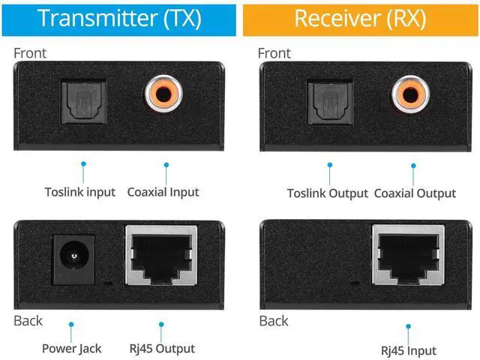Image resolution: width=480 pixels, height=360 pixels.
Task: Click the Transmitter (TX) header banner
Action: [119, 18]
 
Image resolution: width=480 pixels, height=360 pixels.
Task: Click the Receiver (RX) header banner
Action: [361, 18]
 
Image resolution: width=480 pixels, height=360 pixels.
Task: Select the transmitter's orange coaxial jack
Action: [165, 94]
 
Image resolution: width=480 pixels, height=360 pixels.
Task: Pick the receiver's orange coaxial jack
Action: [410, 94]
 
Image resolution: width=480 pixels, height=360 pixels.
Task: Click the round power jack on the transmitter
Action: [72, 257]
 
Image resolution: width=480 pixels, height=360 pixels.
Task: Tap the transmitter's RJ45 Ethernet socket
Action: [160, 256]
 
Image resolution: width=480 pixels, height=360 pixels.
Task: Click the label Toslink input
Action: [79, 192]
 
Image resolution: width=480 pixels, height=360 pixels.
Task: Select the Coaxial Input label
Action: [163, 192]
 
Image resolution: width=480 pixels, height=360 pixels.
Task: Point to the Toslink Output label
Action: [327, 193]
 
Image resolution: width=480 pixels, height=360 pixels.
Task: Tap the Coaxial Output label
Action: [415, 193]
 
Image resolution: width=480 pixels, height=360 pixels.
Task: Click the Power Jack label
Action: [71, 349]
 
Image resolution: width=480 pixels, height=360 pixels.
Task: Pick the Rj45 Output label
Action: [163, 349]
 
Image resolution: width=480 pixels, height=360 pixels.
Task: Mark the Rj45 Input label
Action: [409, 350]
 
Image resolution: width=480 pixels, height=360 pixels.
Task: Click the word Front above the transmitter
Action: [30, 53]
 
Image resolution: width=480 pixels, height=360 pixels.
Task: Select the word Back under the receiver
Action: [274, 321]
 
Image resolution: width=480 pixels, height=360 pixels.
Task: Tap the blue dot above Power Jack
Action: [72, 325]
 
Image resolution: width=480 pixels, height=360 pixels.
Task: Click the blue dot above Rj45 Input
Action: [409, 326]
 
